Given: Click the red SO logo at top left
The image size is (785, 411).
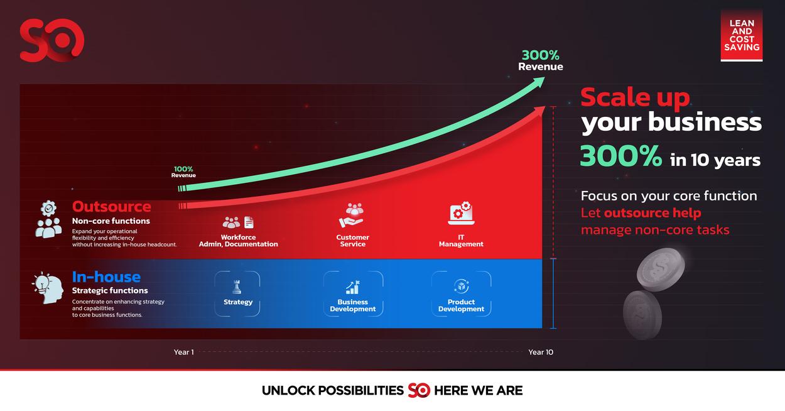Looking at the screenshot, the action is [x=52, y=40].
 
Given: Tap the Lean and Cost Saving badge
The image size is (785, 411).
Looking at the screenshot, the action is [x=742, y=35].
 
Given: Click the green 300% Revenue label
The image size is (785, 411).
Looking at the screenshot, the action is [x=541, y=60].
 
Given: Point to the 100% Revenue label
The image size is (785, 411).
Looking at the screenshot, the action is [x=183, y=172].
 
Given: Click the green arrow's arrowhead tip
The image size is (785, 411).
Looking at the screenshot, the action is [x=544, y=78].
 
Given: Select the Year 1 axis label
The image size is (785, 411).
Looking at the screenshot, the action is [x=183, y=352].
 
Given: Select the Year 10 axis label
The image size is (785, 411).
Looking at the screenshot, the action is [x=541, y=352].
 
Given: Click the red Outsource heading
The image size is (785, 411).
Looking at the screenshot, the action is [x=111, y=207].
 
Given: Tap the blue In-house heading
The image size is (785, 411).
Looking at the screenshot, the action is [x=106, y=277].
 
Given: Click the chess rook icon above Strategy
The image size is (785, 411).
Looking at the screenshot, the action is [x=237, y=287].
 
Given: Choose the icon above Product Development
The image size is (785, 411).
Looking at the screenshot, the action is [x=461, y=286].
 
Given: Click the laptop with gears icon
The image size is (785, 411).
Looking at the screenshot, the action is [x=461, y=213].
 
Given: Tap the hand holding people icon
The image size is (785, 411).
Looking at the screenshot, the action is [x=352, y=215].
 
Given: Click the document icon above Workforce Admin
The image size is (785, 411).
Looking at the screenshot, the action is [x=249, y=222].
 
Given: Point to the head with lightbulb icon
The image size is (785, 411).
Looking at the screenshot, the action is [x=48, y=288].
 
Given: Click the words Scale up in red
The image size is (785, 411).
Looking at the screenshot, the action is [x=635, y=97].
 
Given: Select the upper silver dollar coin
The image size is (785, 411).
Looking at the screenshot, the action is [x=661, y=270].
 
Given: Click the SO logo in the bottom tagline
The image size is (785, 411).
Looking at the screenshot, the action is [x=419, y=390].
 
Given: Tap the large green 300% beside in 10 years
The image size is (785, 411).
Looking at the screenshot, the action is [x=621, y=156].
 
